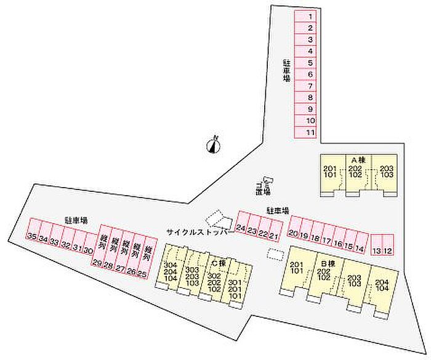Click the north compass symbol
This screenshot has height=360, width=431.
click(x=213, y=145)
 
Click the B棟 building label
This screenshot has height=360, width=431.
click(x=328, y=264)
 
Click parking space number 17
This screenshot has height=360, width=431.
click(x=326, y=238)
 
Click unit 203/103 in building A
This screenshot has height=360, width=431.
click(x=386, y=173)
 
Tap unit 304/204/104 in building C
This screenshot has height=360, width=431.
click(x=170, y=271)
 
